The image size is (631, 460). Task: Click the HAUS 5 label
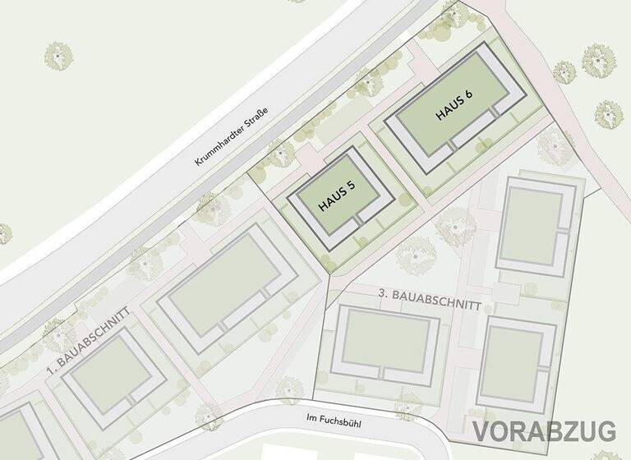pos(338,198)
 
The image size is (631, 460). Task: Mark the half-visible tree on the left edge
pos(4,233)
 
